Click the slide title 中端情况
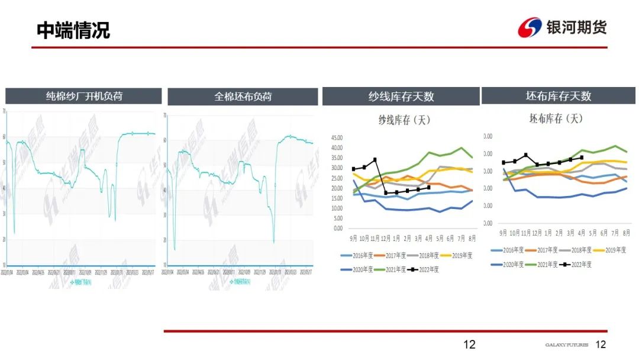click(x=73, y=30)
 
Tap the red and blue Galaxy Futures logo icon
click(x=530, y=27)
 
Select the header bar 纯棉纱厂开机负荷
click(x=84, y=96)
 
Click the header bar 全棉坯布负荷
click(x=243, y=97)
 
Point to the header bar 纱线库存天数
click(x=401, y=96)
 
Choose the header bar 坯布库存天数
click(x=559, y=96)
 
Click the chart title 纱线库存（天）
click(x=404, y=120)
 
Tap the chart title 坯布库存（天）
click(x=556, y=118)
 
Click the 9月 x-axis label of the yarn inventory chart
click(x=353, y=238)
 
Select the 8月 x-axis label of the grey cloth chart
click(x=625, y=233)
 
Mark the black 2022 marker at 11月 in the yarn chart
click(x=375, y=160)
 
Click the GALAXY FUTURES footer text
click(x=566, y=345)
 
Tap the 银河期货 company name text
click(x=576, y=27)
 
